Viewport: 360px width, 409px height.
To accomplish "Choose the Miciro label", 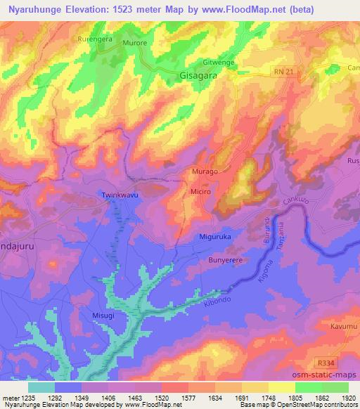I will coord(200,191).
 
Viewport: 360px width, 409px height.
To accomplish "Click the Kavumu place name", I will coord(343,327).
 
